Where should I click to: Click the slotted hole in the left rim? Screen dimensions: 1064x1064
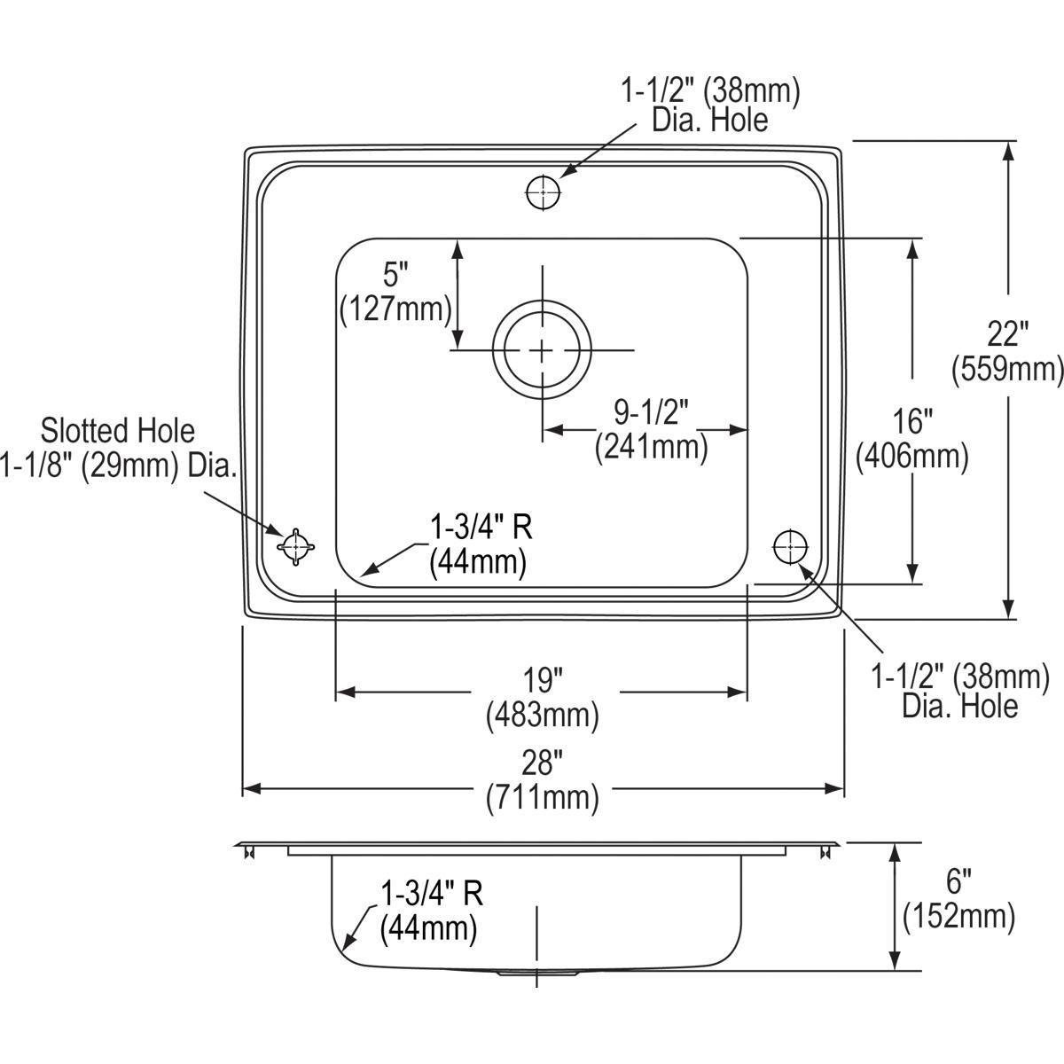click(295, 547)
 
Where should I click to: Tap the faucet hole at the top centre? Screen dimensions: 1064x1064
click(544, 192)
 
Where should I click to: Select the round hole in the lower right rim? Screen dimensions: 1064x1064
click(791, 547)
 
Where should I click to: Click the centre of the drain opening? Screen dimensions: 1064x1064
click(543, 349)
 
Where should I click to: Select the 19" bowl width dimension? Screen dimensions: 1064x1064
click(544, 680)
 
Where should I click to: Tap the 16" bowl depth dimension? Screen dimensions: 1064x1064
click(911, 421)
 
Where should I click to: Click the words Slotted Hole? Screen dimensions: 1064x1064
click(118, 431)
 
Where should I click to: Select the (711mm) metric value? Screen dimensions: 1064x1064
click(543, 798)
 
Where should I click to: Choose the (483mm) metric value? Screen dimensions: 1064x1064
click(543, 716)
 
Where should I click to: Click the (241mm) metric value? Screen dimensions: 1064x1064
click(652, 447)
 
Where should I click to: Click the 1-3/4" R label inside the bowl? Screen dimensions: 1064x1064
click(481, 528)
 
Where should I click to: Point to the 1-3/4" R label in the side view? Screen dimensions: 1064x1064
click(432, 893)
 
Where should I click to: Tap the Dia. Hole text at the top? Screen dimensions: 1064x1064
click(710, 120)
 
